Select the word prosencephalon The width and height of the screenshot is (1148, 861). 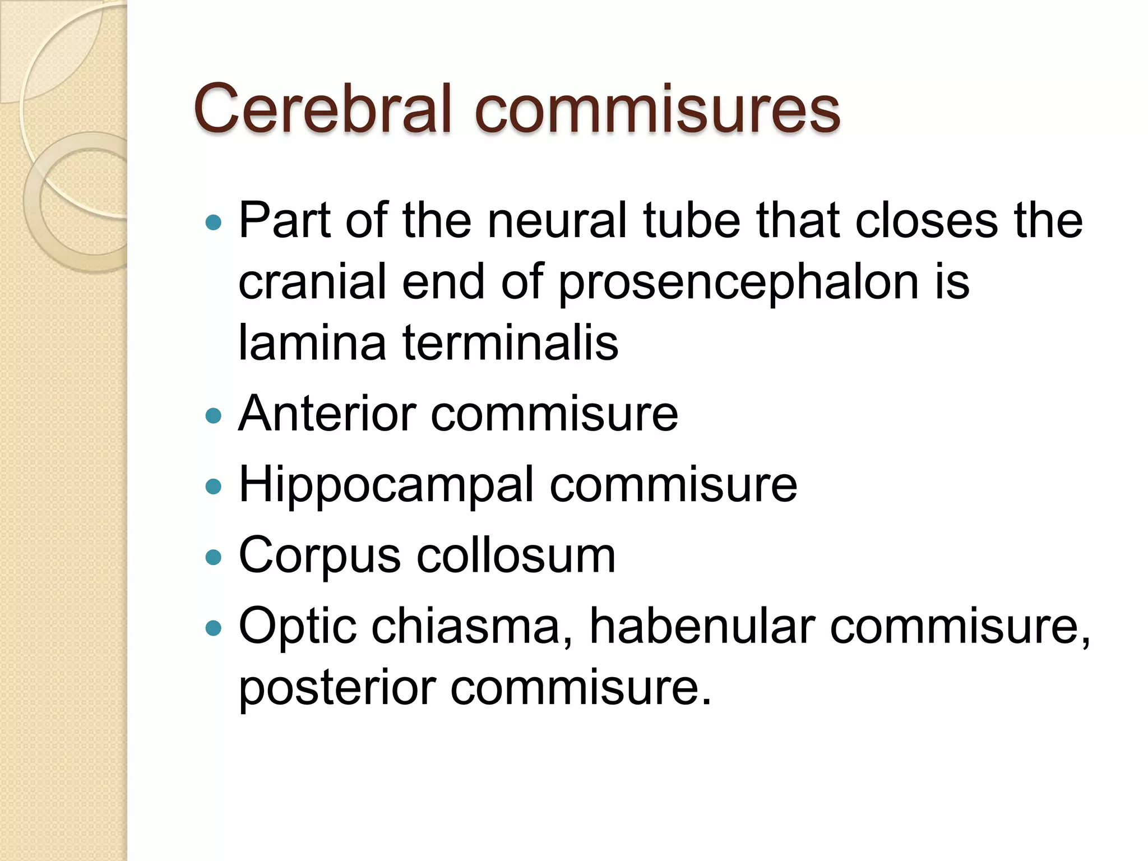738,283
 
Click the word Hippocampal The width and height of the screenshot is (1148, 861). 386,485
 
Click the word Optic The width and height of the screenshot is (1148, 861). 298,627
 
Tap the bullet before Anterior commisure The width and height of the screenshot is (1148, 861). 214,415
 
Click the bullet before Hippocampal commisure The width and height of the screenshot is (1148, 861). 214,486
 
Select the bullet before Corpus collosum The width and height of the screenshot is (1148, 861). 214,557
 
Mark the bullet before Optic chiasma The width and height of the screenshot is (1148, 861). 214,627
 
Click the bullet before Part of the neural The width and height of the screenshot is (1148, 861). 214,223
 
